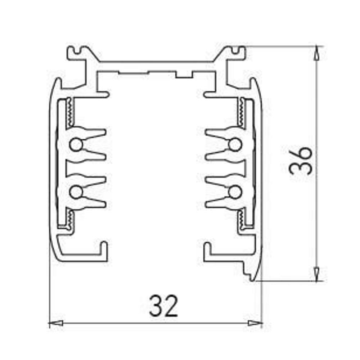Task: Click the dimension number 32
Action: (x=164, y=306)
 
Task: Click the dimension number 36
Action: (x=301, y=161)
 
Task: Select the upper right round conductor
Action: (x=234, y=145)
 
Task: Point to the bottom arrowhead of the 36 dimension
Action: (x=316, y=274)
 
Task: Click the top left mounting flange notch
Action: (x=79, y=51)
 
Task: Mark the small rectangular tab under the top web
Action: (x=184, y=75)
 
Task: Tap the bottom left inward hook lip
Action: (x=104, y=248)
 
